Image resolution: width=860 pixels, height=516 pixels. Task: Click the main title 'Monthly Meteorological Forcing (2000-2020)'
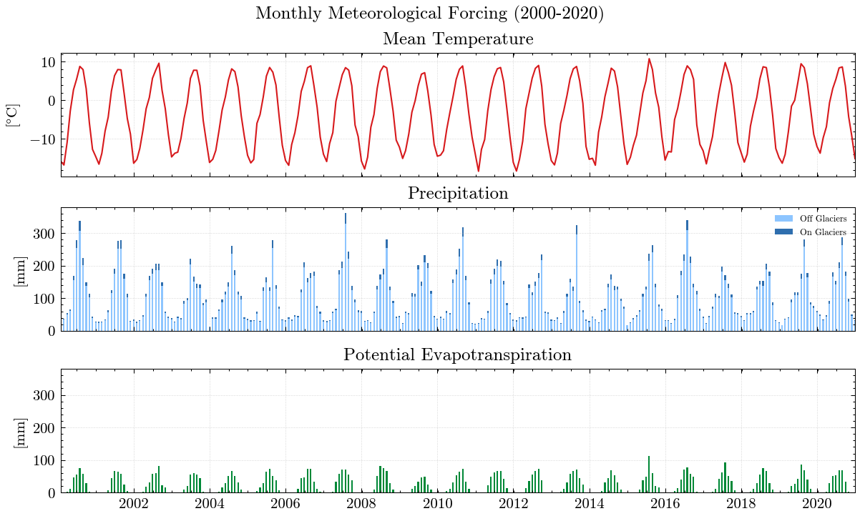(429, 14)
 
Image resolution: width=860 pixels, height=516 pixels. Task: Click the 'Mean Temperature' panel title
(458, 39)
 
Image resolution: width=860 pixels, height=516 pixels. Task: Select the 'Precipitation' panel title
(458, 194)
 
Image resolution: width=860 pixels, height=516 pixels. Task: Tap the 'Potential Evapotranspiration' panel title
(458, 355)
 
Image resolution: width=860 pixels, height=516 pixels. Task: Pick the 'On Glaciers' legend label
(823, 232)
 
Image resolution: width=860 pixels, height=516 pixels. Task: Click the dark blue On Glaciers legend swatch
(784, 232)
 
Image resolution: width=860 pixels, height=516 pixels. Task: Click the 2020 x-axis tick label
(816, 504)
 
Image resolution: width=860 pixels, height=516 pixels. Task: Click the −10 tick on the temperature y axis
(41, 139)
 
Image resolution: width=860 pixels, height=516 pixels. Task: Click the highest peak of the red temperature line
(649, 59)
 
